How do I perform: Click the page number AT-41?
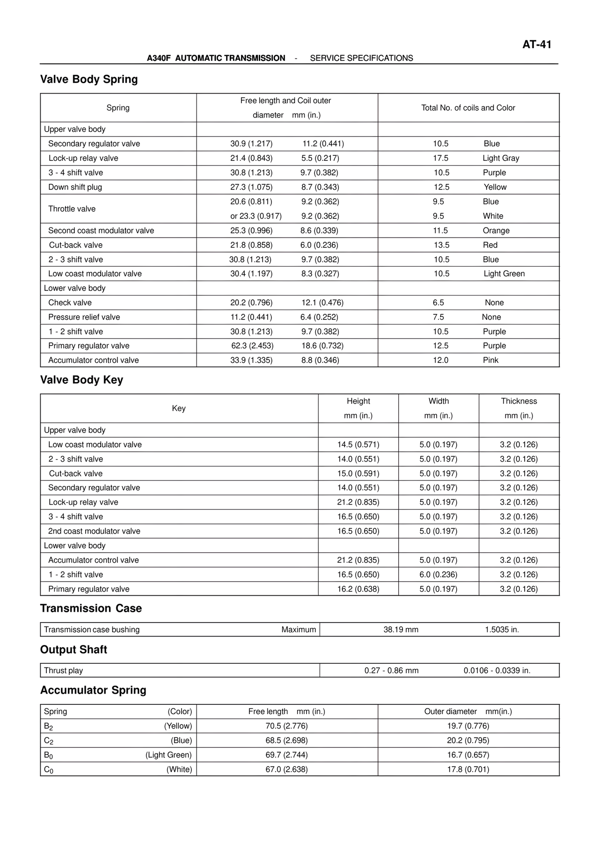coord(536,44)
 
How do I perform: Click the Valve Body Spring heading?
coord(89,79)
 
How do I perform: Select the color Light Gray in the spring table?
coord(501,158)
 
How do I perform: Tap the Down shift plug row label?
coord(75,187)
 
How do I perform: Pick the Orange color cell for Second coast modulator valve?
coord(496,231)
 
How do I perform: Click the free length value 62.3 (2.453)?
coord(252,346)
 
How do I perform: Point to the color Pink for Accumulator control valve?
coord(490,360)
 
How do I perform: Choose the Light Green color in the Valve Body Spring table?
coord(504,274)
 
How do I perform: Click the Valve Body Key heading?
coord(81,380)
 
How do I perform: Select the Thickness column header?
coord(519,401)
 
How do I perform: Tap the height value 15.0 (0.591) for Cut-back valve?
coord(358,473)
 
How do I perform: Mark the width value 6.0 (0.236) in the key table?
coord(438,574)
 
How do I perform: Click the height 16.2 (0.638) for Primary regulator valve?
coord(358,589)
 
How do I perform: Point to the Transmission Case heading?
coord(91,608)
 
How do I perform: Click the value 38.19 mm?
coord(401,630)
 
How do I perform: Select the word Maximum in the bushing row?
coord(299,630)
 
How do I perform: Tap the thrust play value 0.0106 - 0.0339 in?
coord(497,671)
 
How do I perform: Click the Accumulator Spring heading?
coord(93,690)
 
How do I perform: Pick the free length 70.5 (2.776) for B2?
coord(286,726)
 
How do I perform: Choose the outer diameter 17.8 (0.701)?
coord(468,769)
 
